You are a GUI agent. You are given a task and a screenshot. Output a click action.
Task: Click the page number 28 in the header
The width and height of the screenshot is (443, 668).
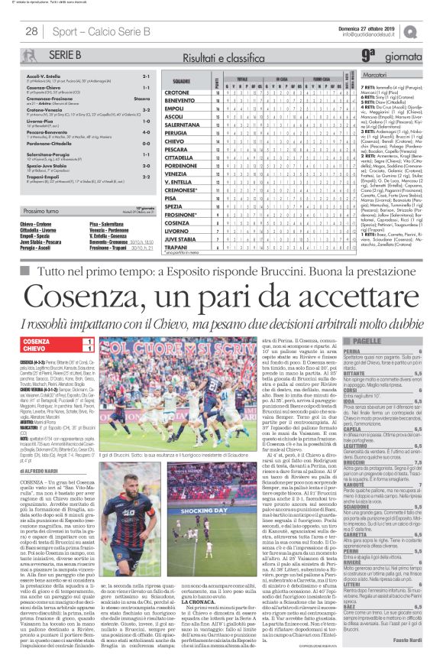[x=32, y=31]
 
